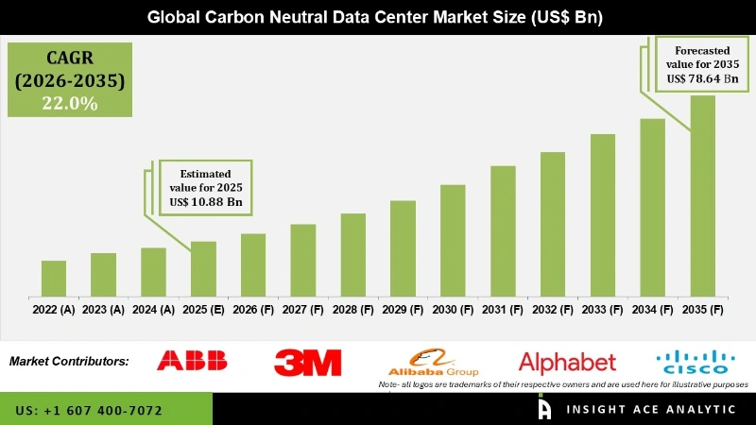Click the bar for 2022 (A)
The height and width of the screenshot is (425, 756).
coord(54,278)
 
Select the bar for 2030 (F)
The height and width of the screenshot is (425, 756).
coord(453,240)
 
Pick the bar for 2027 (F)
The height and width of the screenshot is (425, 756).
coord(302,260)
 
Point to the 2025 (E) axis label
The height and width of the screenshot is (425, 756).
coord(203,309)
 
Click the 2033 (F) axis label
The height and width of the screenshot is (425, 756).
coord(602,309)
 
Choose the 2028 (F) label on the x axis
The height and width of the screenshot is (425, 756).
coord(352,309)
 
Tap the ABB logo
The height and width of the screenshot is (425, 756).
coord(192,361)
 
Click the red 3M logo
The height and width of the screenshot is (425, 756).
coord(308,362)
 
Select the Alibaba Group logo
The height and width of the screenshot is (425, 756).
coord(434,362)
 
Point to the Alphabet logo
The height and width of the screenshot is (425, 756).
coord(567,362)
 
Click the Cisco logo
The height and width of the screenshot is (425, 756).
coord(693,362)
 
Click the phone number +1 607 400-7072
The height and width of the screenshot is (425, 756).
coord(89,411)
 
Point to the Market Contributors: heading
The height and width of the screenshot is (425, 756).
coord(69,362)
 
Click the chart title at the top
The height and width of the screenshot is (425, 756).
coord(378,17)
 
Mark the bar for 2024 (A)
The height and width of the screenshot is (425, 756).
coord(153,271)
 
